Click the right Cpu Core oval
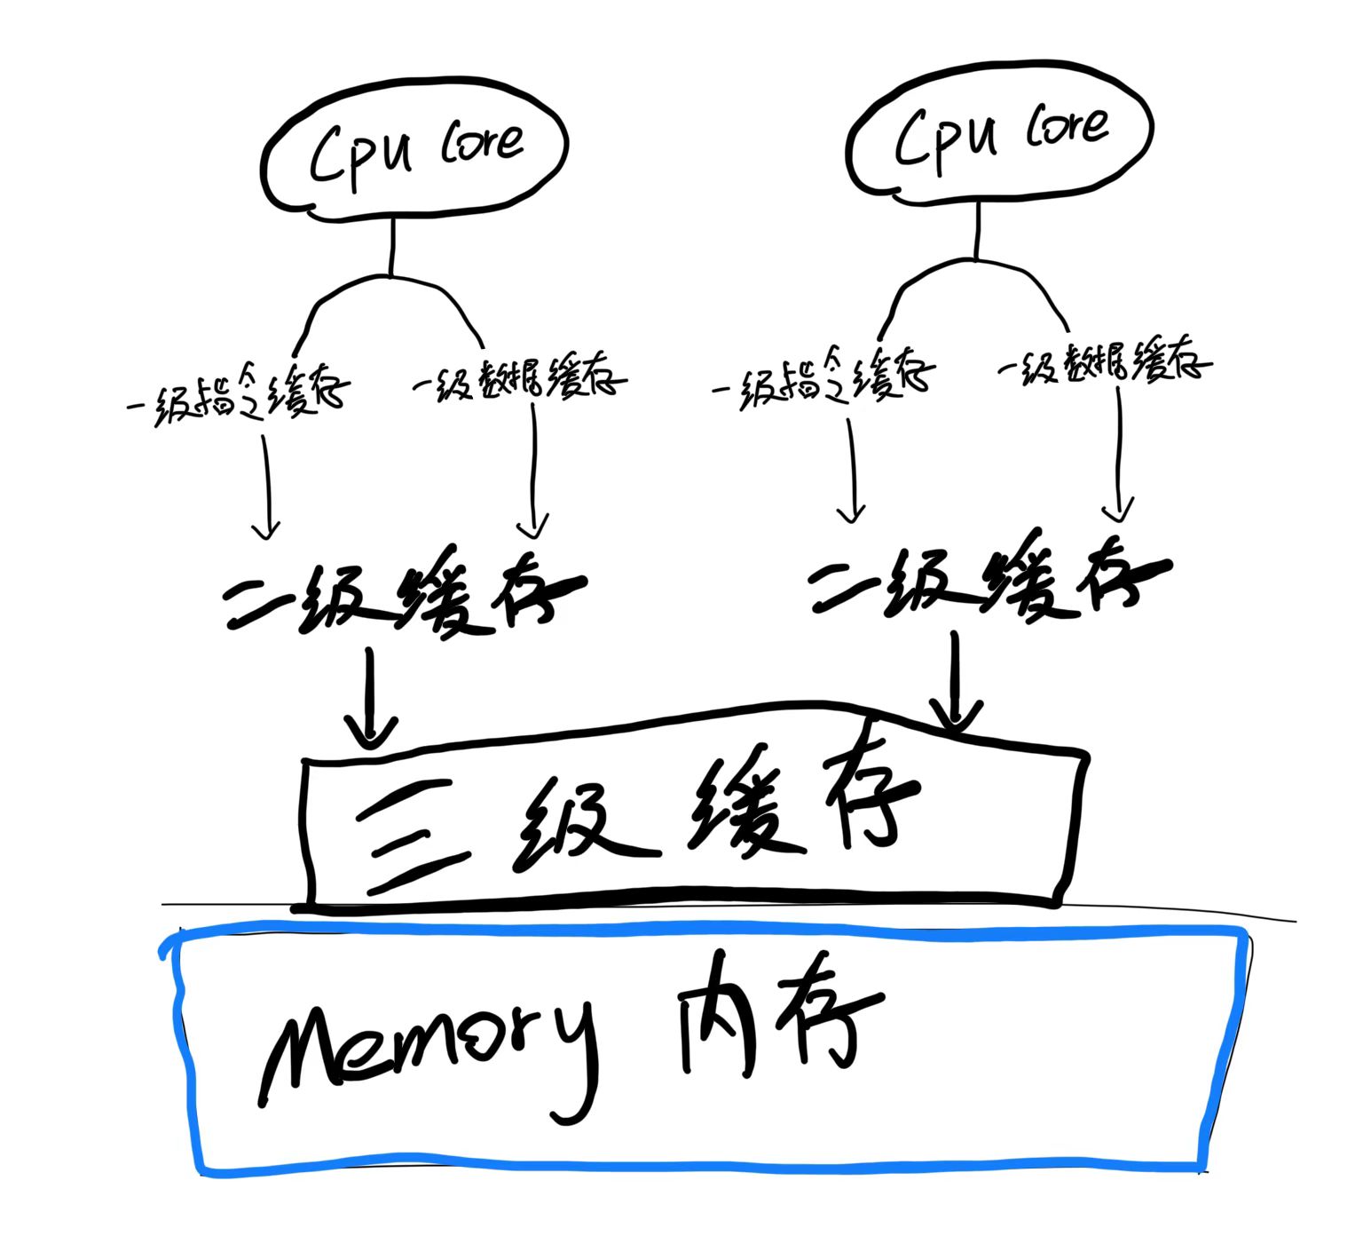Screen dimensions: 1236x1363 [1000, 133]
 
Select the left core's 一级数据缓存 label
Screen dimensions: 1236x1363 [519, 377]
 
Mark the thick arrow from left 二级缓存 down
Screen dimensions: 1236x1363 [370, 701]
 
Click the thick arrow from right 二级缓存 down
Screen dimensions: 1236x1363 [955, 684]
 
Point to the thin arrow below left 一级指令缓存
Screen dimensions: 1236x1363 [265, 488]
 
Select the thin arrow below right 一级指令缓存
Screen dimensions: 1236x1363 [851, 471]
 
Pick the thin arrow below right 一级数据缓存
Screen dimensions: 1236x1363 [1118, 457]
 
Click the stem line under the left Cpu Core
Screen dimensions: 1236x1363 [390, 244]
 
